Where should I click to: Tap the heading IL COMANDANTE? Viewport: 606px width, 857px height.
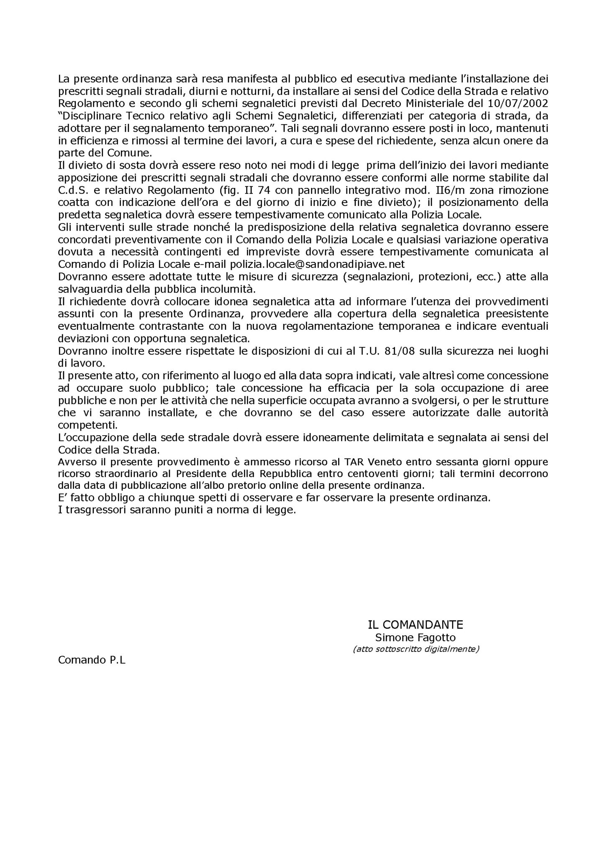[x=415, y=625]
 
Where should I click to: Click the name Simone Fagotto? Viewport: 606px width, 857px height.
[x=415, y=638]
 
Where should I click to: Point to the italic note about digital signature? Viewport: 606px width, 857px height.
[x=416, y=649]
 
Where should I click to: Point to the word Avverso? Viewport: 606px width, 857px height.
[x=74, y=462]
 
